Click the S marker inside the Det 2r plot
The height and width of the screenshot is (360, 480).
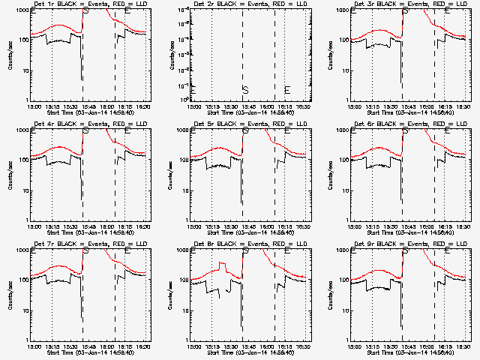pyautogui.click(x=245, y=90)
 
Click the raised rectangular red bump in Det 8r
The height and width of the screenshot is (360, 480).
pyautogui.click(x=223, y=265)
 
